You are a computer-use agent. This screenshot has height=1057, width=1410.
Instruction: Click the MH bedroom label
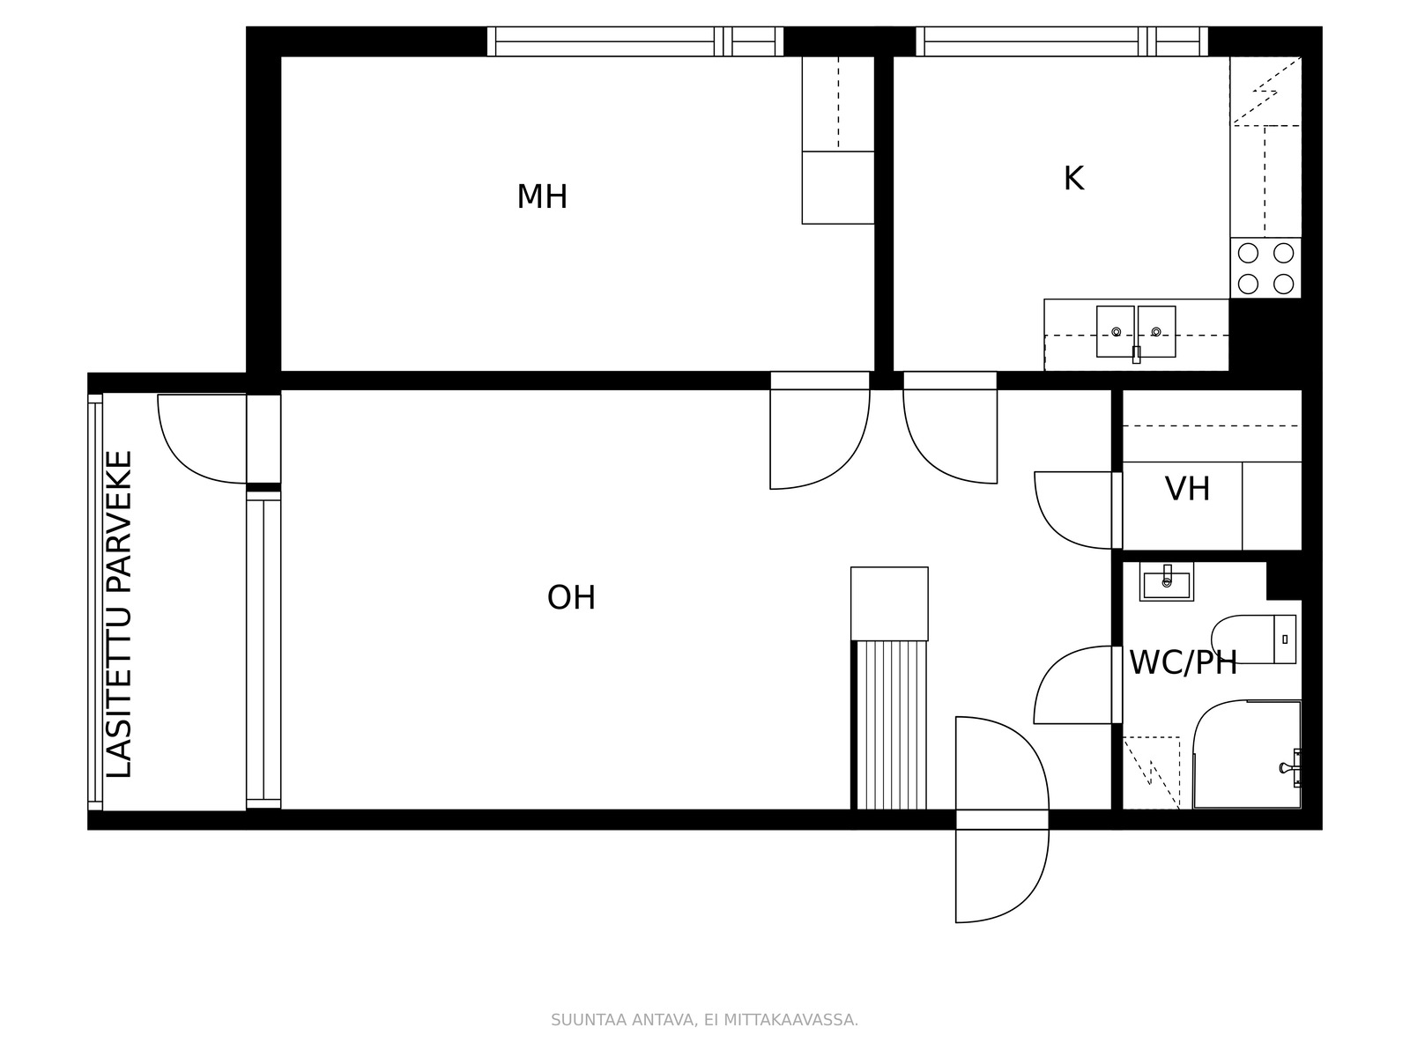pyautogui.click(x=542, y=197)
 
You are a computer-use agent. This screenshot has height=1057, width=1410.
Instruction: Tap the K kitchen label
pyautogui.click(x=1073, y=179)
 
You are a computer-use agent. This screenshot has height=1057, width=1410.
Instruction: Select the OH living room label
pyautogui.click(x=571, y=597)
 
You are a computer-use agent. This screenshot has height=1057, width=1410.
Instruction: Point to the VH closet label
pyautogui.click(x=1187, y=489)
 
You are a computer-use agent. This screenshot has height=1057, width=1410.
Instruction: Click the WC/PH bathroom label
pyautogui.click(x=1184, y=663)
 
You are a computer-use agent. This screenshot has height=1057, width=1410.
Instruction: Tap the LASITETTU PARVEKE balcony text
pyautogui.click(x=120, y=614)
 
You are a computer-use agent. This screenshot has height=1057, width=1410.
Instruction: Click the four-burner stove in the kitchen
pyautogui.click(x=1265, y=269)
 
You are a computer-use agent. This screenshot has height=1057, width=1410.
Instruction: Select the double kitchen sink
pyautogui.click(x=1136, y=332)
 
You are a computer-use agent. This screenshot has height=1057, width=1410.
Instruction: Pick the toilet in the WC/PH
pyautogui.click(x=1253, y=639)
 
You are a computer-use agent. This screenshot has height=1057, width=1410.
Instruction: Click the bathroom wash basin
pyautogui.click(x=1167, y=582)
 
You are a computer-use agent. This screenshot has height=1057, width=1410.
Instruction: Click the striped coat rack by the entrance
pyautogui.click(x=892, y=725)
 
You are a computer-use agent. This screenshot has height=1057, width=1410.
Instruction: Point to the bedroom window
pyautogui.click(x=635, y=41)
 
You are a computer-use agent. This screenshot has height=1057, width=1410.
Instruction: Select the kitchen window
pyautogui.click(x=1062, y=41)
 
